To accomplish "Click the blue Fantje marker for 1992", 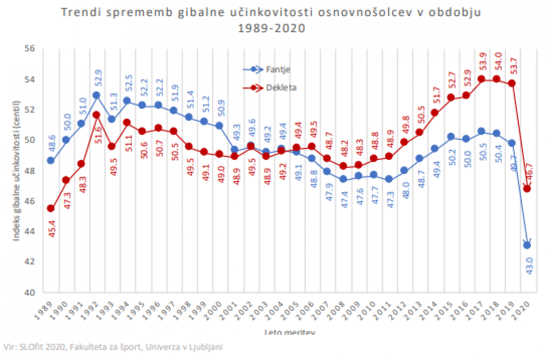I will coord(96,96).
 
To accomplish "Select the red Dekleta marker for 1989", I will coord(51,208).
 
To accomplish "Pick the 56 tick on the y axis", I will coord(30,49).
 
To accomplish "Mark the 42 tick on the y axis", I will coord(30,262).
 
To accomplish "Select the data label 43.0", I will coord(529,265).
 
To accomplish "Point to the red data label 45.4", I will coord(52,229).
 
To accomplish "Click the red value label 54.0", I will coord(498,61).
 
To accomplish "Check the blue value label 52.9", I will coord(98,78).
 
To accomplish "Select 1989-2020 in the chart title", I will coord(271,28).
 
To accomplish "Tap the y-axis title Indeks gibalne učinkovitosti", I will coord(16,171).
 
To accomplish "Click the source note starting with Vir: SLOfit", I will coord(113,347).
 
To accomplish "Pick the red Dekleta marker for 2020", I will coord(527,189).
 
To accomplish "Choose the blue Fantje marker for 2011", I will coord(389,179).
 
